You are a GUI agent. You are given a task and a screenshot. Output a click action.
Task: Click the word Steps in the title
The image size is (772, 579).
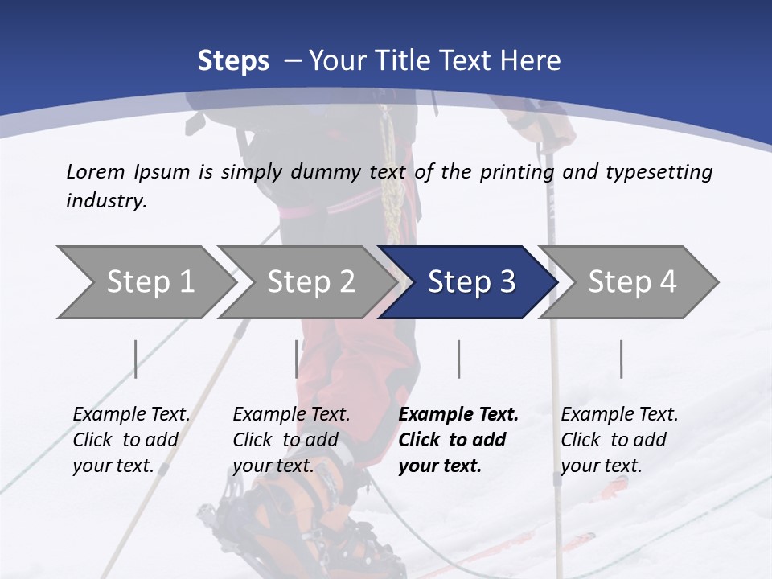233,60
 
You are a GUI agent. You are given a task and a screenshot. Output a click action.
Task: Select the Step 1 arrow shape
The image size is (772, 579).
145,281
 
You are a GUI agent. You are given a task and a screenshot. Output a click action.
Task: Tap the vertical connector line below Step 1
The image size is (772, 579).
135,359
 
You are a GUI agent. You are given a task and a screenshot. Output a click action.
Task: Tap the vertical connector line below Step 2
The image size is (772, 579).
297,359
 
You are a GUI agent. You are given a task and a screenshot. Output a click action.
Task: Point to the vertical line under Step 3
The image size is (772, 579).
459,359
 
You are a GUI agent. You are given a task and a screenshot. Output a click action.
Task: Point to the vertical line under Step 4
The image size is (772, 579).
622,359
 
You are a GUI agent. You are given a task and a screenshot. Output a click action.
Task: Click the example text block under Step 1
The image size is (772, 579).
131,440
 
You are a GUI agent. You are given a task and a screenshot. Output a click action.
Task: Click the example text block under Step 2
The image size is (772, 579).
291,440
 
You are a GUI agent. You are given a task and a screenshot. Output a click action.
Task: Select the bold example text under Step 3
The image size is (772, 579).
458,440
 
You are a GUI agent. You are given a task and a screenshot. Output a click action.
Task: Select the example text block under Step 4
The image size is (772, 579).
619,440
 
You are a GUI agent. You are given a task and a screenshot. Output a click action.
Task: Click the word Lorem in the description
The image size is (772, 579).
95,171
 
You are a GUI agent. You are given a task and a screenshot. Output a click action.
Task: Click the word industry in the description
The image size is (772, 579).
105,200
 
